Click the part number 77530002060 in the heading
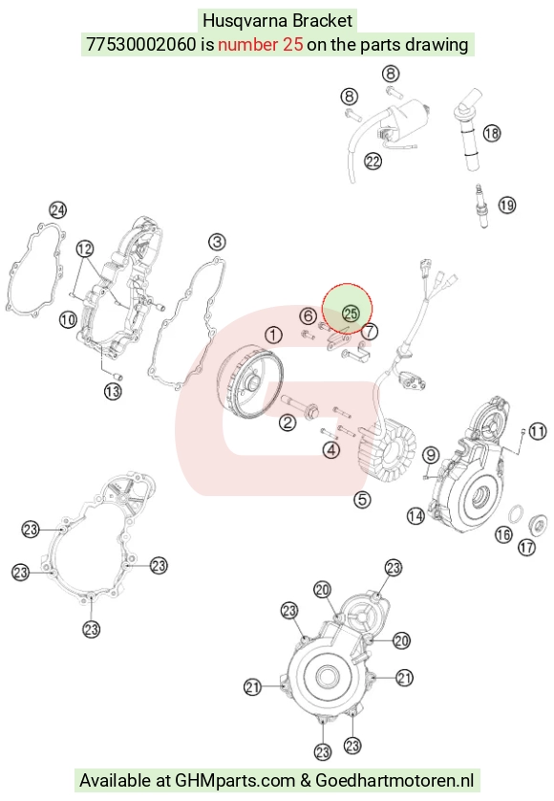(141, 44)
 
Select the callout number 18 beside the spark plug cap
(492, 133)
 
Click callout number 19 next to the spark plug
(506, 206)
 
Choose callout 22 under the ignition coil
(373, 162)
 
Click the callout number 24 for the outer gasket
(57, 210)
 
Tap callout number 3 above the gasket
(217, 242)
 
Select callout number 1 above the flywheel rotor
(274, 336)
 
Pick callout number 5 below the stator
(362, 499)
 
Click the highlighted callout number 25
(351, 314)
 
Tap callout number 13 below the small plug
(113, 392)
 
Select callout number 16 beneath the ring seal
(503, 534)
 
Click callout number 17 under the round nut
(526, 548)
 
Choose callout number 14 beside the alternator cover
(415, 516)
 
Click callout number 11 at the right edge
(538, 432)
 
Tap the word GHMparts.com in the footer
(235, 781)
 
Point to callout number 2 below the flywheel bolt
(288, 422)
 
